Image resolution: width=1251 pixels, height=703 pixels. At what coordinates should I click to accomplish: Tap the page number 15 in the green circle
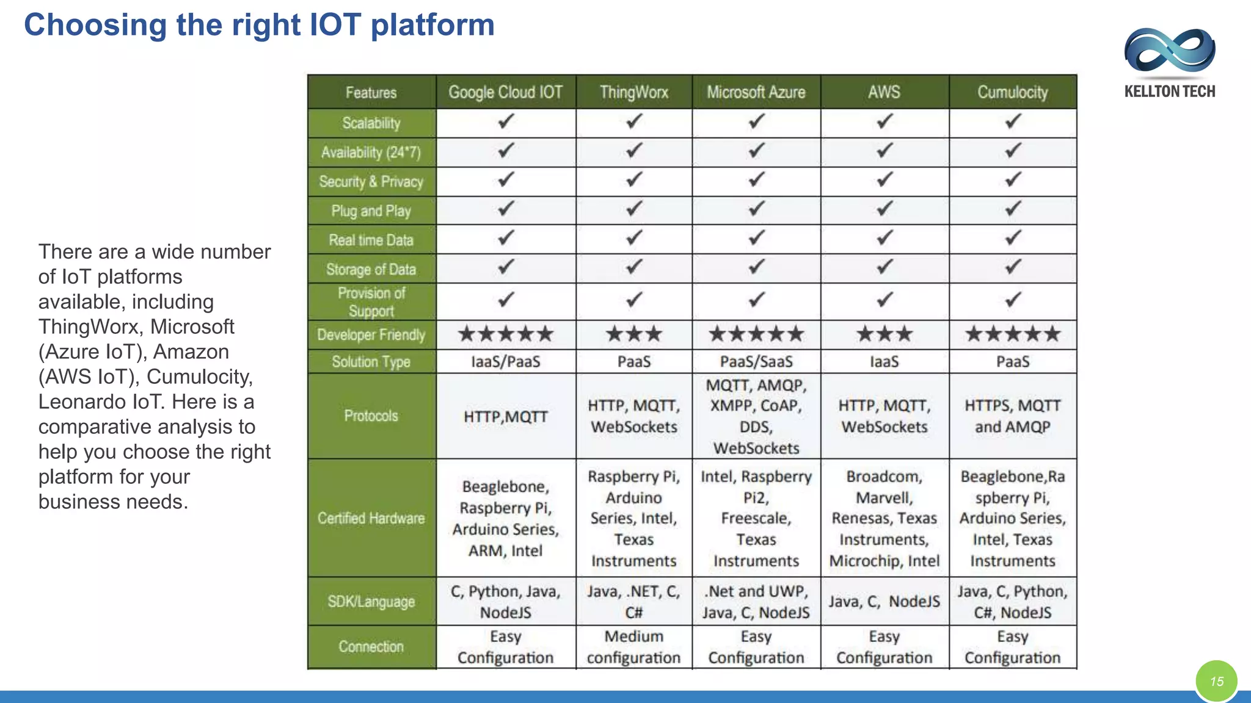point(1216,681)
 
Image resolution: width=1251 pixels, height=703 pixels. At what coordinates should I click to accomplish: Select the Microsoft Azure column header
point(756,92)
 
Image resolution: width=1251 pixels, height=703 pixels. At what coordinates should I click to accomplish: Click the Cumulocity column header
point(1012,92)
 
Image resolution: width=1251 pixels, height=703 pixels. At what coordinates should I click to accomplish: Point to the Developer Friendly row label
point(371,335)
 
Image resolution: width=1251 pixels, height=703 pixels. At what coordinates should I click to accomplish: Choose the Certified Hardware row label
point(371,518)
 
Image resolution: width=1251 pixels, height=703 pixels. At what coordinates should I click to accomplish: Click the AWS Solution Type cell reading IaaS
point(884,362)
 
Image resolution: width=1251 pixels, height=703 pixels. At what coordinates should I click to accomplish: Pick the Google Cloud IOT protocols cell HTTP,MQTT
point(505,417)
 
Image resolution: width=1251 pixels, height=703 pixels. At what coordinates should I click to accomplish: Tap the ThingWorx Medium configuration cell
point(633,647)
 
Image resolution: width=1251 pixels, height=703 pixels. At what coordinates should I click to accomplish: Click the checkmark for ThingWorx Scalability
point(633,121)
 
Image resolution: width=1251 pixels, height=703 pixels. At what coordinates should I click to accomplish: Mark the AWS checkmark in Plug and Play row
point(884,209)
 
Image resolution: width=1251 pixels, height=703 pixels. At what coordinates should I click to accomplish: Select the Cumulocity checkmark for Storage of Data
point(1012,267)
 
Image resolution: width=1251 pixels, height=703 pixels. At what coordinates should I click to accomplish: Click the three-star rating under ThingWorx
point(633,334)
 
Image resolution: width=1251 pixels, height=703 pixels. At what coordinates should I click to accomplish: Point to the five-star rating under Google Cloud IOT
point(505,334)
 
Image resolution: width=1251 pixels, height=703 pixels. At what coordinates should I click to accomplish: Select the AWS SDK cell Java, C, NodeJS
point(884,602)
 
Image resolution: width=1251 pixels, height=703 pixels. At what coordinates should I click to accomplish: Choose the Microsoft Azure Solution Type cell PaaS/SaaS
point(756,362)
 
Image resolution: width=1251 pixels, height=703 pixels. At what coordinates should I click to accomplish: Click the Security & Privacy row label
point(371,181)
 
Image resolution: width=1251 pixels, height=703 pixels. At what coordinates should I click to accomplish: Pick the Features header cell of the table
point(371,93)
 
